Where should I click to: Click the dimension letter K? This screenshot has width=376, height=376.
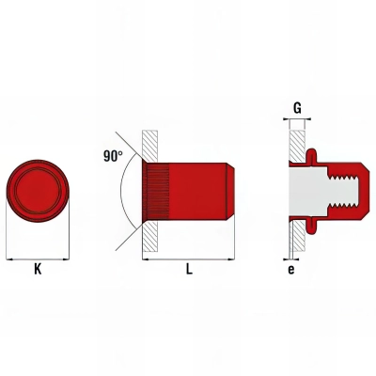[38, 269]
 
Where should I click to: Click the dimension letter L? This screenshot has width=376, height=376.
[189, 269]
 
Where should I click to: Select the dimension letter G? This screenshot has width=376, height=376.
[297, 108]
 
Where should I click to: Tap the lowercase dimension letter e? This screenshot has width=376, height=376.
[291, 269]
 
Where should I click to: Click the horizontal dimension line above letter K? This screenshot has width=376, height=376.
[38, 257]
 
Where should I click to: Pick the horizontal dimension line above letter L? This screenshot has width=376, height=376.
[188, 257]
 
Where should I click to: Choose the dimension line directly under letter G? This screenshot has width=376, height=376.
[297, 120]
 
